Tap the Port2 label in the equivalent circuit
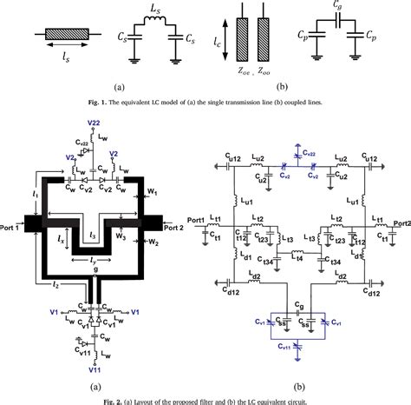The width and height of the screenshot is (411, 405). [x=399, y=222]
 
